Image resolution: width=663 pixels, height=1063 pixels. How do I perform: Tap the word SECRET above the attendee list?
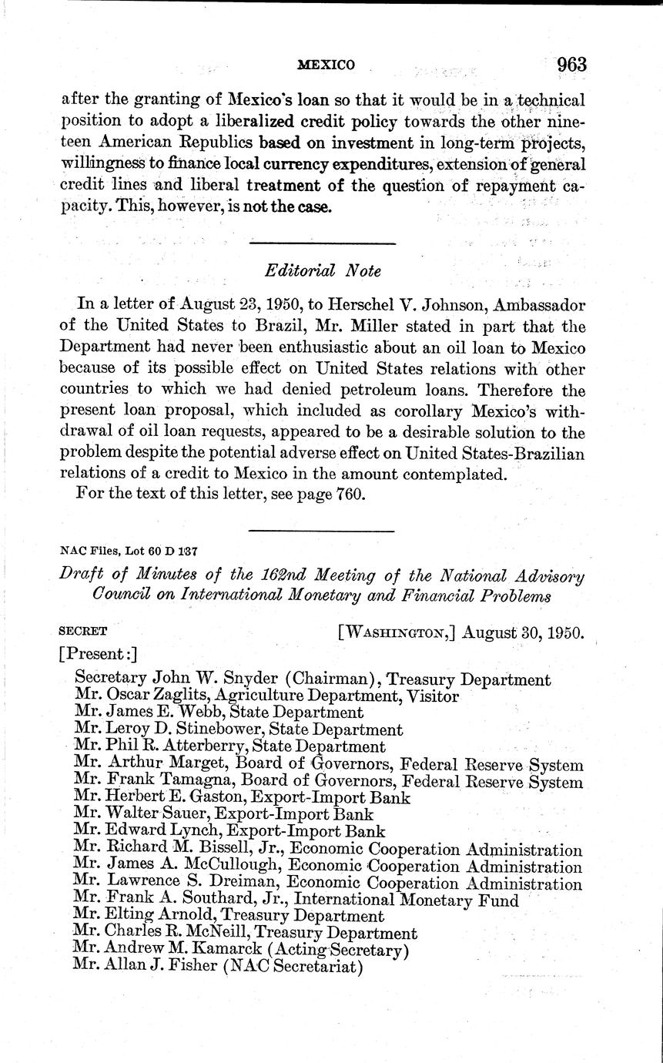83,630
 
